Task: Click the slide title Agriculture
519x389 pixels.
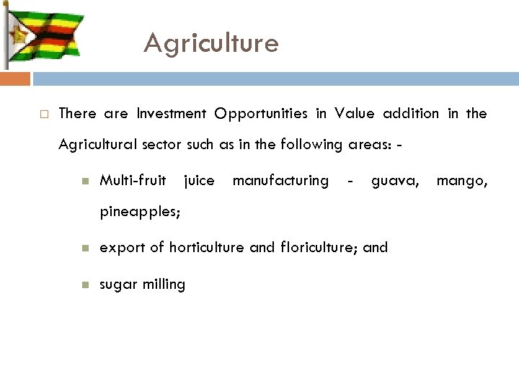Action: coord(210,44)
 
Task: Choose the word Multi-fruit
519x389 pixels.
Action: coord(133,180)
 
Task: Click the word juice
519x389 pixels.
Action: coord(200,181)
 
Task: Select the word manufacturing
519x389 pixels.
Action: coord(280,180)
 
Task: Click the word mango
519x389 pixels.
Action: coord(462,181)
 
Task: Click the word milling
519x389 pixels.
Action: coord(164,284)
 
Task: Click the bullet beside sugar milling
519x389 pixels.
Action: coord(85,285)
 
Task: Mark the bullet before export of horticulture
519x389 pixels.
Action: coord(85,248)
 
